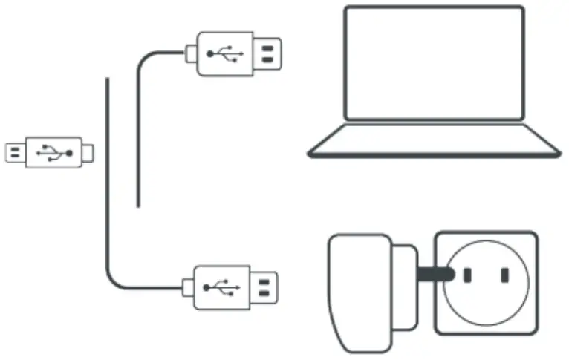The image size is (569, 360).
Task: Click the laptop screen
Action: (434, 62)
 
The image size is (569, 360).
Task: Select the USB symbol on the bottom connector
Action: (221, 285)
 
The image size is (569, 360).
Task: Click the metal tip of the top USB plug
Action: (268, 53)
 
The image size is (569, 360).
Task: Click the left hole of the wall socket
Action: (468, 275)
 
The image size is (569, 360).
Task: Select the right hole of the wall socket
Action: (504, 275)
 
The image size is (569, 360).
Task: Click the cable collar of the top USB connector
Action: (191, 53)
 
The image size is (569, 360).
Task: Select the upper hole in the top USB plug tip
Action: (267, 47)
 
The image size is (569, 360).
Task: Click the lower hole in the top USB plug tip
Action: (267, 60)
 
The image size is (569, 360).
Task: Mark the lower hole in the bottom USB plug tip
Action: (265, 292)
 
